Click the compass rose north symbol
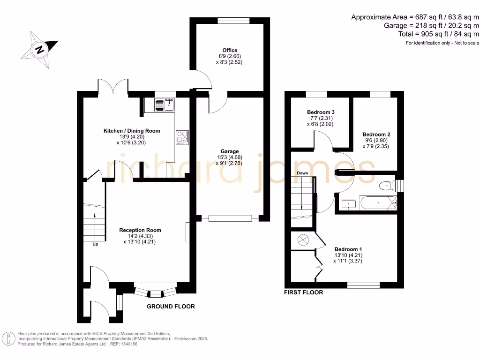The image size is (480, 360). (x=39, y=50)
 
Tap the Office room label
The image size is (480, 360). (x=230, y=50)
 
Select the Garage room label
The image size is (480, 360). (x=230, y=151)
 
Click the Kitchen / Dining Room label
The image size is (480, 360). (x=132, y=131)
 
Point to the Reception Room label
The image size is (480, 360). (x=140, y=230)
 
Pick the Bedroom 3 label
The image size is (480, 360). (x=321, y=112)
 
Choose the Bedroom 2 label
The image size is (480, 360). (x=376, y=135)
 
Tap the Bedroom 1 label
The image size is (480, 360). (x=348, y=249)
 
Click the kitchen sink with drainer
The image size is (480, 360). (x=165, y=105)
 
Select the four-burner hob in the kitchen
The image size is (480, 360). (x=182, y=137)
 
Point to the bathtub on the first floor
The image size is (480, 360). (x=378, y=202)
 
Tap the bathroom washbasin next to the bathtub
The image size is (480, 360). (x=348, y=205)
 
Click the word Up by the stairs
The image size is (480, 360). (x=95, y=244)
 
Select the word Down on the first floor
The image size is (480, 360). (x=302, y=173)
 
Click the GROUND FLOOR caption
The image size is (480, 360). (x=171, y=307)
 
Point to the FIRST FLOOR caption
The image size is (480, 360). (x=303, y=292)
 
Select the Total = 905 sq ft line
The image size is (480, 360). (x=438, y=34)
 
